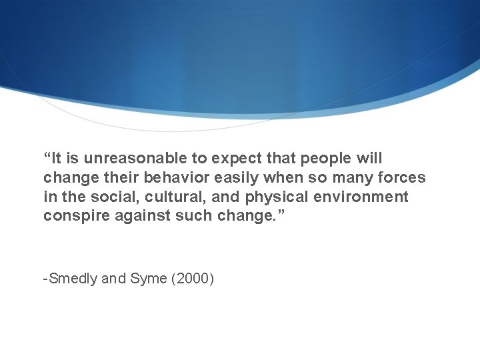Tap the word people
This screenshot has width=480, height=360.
(x=323, y=159)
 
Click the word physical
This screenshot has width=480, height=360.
(x=275, y=197)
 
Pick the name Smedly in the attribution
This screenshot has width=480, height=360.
(x=73, y=279)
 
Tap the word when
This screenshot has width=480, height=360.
(x=283, y=178)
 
